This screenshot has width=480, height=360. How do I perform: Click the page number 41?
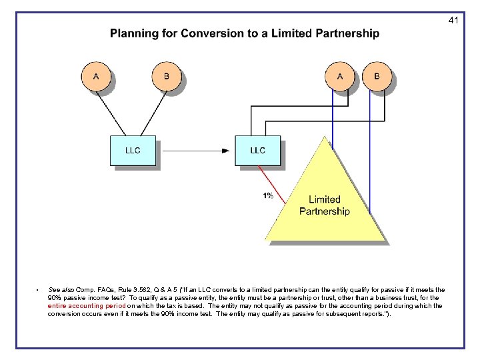click(453, 21)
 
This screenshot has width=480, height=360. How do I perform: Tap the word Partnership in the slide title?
click(345, 33)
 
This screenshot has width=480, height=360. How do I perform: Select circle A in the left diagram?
click(96, 77)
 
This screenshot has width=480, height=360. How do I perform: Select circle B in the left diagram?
click(167, 77)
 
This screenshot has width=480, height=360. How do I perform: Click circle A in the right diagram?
click(340, 77)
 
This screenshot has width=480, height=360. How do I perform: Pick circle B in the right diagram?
click(377, 77)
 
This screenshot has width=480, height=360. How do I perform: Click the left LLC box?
click(133, 151)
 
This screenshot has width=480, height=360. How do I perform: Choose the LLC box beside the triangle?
click(257, 151)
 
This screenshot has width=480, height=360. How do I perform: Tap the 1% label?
click(267, 196)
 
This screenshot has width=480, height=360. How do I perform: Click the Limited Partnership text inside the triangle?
click(325, 205)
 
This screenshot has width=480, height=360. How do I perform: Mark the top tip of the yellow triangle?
click(325, 137)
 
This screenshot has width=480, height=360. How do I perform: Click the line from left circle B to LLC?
click(151, 113)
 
